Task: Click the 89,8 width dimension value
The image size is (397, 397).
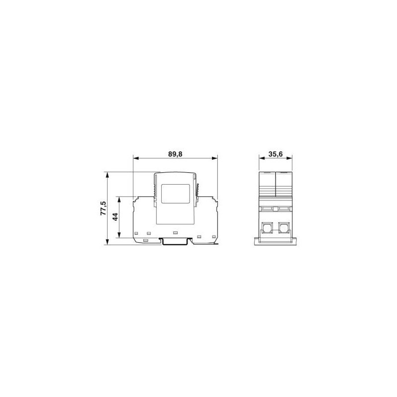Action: [175, 154]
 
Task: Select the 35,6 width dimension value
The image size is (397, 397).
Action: [275, 154]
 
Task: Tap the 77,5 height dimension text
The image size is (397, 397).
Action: [103, 208]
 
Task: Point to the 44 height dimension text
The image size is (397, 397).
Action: [115, 217]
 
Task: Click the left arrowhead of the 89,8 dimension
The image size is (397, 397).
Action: [136, 158]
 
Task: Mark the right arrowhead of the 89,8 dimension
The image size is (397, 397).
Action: [214, 158]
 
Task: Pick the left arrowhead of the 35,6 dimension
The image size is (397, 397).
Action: [262, 158]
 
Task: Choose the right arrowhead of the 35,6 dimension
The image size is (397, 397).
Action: [289, 158]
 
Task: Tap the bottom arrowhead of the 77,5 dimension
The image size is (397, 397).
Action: [108, 242]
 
